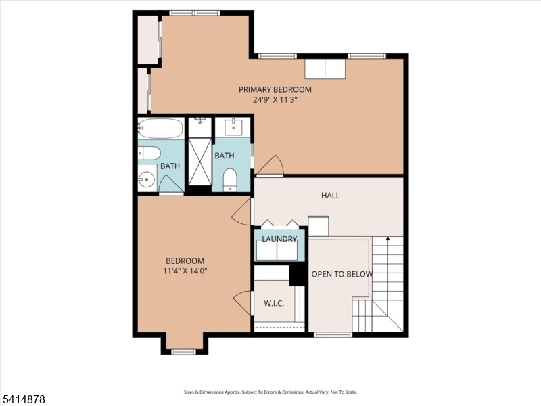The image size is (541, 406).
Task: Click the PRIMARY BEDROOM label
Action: click(275, 89)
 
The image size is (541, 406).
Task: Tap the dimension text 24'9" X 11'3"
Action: click(275, 99)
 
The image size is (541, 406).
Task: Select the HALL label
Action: click(330, 196)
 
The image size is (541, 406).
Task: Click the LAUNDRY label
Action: click(279, 239)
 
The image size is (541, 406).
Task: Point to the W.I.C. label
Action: click(273, 303)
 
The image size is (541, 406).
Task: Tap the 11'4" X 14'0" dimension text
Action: click(185, 271)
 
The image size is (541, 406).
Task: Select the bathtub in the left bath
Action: click(160, 128)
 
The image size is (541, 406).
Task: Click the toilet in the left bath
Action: click(149, 154)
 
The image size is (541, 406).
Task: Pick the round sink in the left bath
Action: click(147, 181)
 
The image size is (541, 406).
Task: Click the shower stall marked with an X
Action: click(199, 161)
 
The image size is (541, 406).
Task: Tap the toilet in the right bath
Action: click(230, 179)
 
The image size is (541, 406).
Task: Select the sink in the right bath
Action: click(233, 127)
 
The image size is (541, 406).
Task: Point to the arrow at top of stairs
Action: click(387, 239)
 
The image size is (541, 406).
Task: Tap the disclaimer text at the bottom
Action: click(270, 392)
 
